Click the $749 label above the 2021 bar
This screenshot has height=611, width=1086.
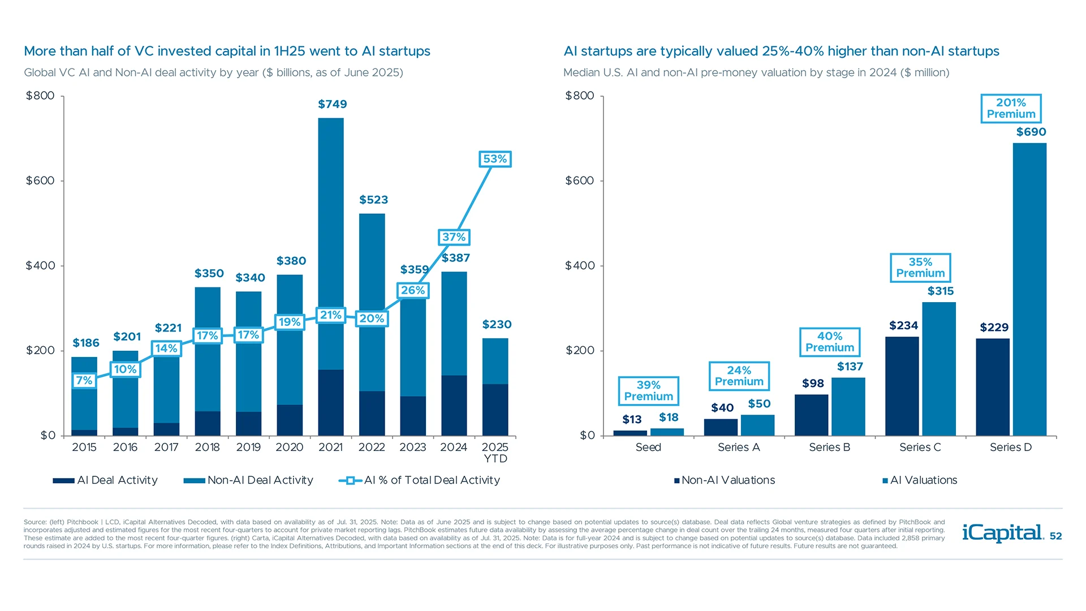coord(332,104)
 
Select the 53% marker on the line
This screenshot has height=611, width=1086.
coord(495,159)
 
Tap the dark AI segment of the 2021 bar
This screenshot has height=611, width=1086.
coord(331,402)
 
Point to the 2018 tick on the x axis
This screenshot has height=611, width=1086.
coord(207,447)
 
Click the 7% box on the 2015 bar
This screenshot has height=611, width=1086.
coord(84,381)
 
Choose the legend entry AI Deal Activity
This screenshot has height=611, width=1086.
coord(106,480)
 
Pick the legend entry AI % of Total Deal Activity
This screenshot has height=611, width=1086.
coord(420,480)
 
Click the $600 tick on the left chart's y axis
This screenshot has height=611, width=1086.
coord(41,181)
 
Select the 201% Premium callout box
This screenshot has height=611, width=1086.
coord(1011,109)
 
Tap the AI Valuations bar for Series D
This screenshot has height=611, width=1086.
coord(1029,289)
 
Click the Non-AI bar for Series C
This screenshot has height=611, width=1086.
coord(902,386)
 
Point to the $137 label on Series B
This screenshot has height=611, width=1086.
coord(850,367)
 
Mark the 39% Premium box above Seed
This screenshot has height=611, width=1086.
coord(648,391)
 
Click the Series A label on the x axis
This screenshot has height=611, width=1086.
coord(739,447)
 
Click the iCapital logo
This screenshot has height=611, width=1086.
coord(1002,532)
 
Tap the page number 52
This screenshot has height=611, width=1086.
coord(1055,536)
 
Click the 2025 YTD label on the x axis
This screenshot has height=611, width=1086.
coord(495,453)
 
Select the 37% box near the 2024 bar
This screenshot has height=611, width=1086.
coord(454,237)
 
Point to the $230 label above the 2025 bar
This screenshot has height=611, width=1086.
coord(497,325)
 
